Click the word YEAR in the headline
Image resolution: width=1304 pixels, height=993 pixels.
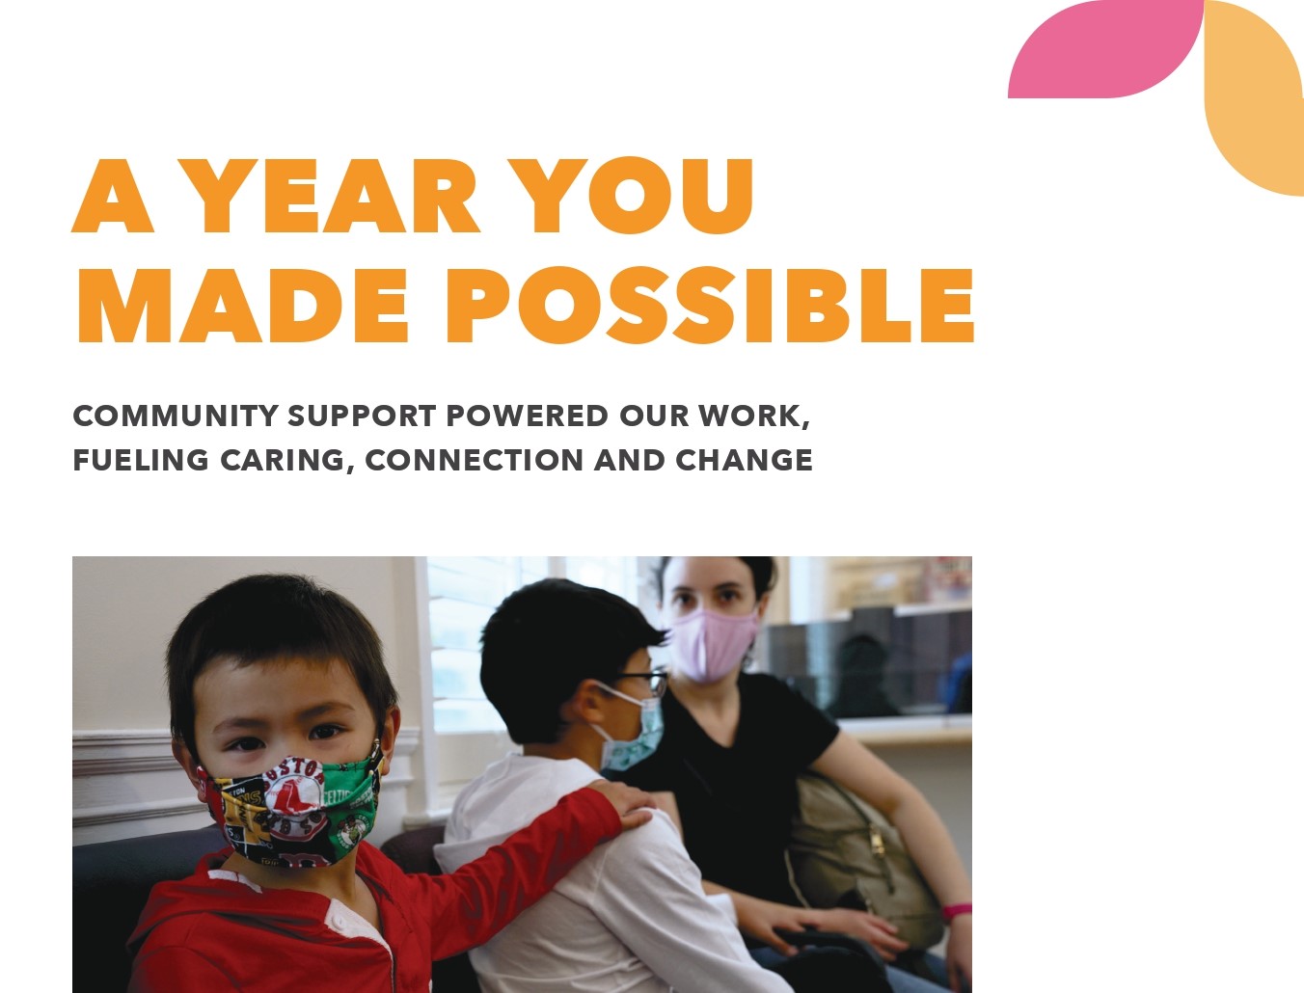tap(337, 196)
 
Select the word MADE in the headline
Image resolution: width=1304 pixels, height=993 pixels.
tap(243, 305)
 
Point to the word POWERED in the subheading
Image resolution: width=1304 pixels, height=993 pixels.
tap(527, 415)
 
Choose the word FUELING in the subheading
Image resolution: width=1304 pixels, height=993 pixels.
tap(141, 460)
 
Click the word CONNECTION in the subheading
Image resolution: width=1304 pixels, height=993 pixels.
tap(475, 460)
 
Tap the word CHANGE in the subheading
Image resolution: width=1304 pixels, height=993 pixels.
tap(745, 460)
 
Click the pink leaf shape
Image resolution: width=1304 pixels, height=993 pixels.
tap(1105, 48)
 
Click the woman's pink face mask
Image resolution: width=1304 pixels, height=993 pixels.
tap(713, 645)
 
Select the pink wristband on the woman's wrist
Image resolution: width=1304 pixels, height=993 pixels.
tap(957, 910)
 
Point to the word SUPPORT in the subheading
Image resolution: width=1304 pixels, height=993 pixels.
tap(362, 415)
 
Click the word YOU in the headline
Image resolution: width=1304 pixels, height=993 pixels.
tap(638, 196)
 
